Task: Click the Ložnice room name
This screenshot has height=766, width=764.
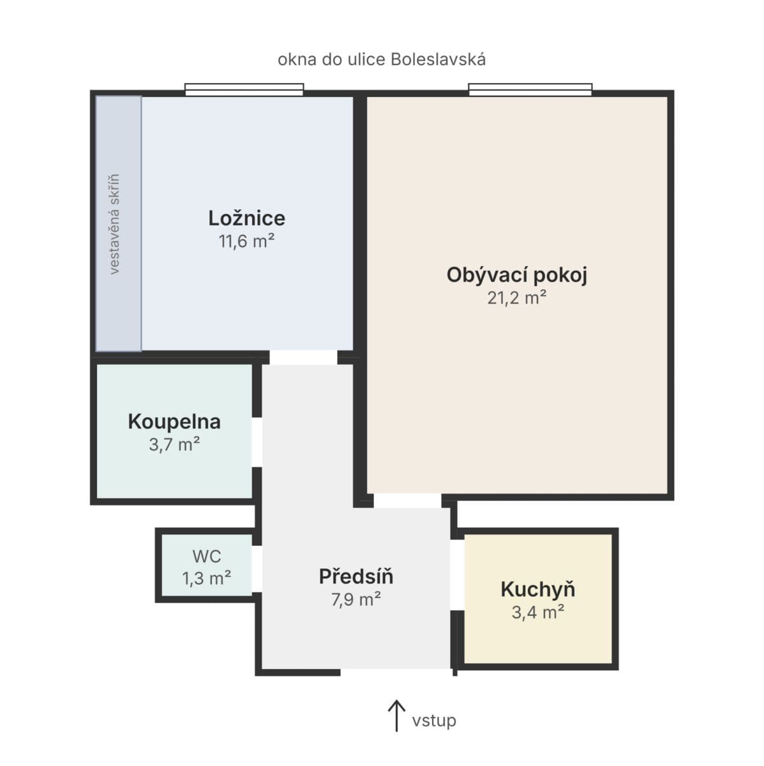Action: click(x=246, y=218)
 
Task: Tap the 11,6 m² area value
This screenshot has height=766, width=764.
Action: click(x=246, y=241)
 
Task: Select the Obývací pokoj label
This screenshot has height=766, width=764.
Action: click(x=517, y=275)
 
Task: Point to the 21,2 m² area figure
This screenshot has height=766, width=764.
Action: click(x=517, y=297)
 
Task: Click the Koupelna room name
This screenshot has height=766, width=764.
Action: click(x=174, y=422)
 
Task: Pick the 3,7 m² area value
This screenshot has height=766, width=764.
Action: click(x=174, y=444)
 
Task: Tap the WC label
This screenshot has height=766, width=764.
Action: click(x=207, y=557)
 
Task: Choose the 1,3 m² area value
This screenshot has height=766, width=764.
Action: click(x=207, y=578)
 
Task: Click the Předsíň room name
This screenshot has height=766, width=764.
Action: click(x=356, y=576)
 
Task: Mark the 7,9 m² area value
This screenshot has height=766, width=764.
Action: click(x=356, y=599)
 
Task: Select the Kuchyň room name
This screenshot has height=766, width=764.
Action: click(x=538, y=590)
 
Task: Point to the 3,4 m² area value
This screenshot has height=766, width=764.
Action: click(x=538, y=612)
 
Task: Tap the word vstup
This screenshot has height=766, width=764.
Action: click(x=434, y=721)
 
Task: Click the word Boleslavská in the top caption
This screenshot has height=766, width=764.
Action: click(x=438, y=59)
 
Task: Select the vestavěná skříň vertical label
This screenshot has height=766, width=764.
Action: click(x=114, y=224)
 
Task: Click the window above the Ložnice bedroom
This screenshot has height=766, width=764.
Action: click(x=244, y=90)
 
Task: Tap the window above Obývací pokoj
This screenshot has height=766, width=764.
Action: click(x=530, y=90)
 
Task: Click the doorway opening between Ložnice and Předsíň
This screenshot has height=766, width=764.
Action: click(x=303, y=357)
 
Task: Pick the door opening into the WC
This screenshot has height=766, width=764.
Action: click(x=257, y=569)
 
